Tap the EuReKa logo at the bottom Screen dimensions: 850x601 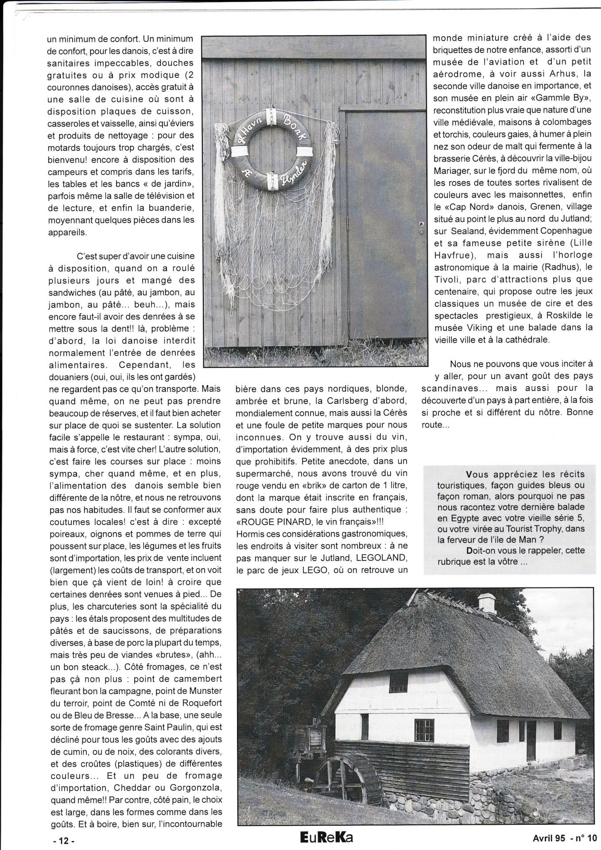(x=327, y=837)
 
